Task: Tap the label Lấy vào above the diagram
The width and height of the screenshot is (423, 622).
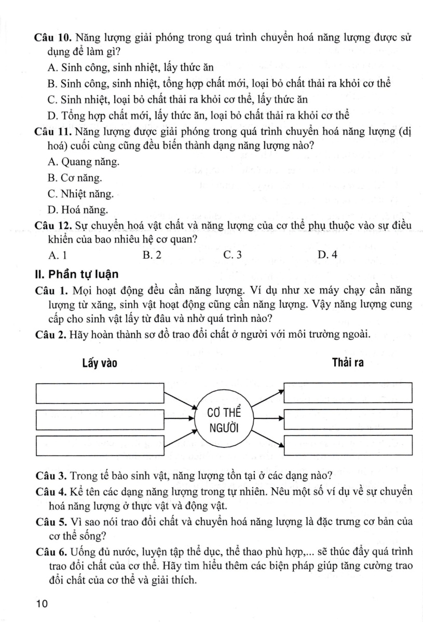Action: click(99, 363)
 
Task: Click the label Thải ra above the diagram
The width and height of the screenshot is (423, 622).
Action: click(347, 363)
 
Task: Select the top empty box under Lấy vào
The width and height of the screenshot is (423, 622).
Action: click(100, 393)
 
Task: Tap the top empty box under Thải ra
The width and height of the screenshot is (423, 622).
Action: click(348, 392)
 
